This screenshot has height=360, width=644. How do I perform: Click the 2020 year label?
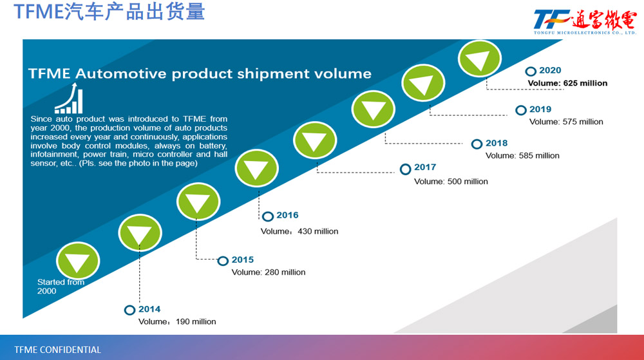(x=550, y=71)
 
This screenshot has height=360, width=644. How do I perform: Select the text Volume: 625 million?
(x=567, y=83)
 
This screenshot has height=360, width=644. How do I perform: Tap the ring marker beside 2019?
(x=521, y=110)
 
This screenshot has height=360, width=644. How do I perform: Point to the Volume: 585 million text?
(x=522, y=155)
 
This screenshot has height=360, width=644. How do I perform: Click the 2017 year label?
(x=425, y=167)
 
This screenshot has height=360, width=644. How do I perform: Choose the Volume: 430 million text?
(x=299, y=231)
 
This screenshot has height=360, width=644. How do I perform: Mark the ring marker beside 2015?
(x=223, y=261)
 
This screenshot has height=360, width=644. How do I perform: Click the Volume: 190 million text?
(x=177, y=321)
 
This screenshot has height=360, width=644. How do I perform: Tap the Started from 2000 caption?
(x=61, y=287)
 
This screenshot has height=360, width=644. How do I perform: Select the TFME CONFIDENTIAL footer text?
(x=57, y=350)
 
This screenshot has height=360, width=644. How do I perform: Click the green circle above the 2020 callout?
(x=479, y=60)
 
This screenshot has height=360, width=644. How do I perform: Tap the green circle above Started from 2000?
(x=78, y=261)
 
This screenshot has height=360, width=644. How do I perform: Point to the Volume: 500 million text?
(x=451, y=182)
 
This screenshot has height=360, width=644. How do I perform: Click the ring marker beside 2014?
(x=130, y=310)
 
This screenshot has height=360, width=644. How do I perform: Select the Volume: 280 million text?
(x=269, y=272)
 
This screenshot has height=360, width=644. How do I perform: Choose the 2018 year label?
(x=497, y=144)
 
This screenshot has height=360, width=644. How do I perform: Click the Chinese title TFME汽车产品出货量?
(x=109, y=12)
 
